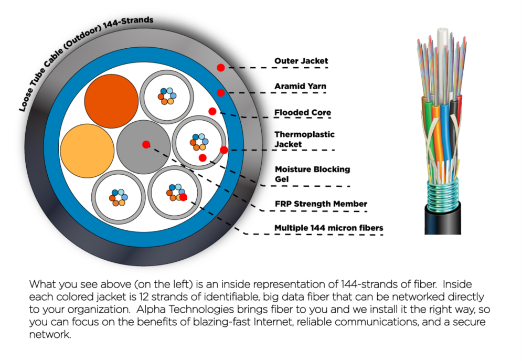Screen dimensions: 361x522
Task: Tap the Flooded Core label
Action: (x=303, y=112)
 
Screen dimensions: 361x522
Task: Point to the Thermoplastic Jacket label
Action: (x=304, y=139)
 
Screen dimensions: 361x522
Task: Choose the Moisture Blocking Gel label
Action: (x=312, y=174)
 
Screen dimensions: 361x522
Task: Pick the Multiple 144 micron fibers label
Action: (x=328, y=228)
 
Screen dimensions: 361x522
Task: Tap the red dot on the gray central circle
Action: (x=146, y=144)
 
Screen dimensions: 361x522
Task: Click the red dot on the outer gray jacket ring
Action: (x=221, y=68)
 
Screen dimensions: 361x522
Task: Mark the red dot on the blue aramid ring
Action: (x=221, y=92)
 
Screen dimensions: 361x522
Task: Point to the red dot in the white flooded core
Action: (x=212, y=111)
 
